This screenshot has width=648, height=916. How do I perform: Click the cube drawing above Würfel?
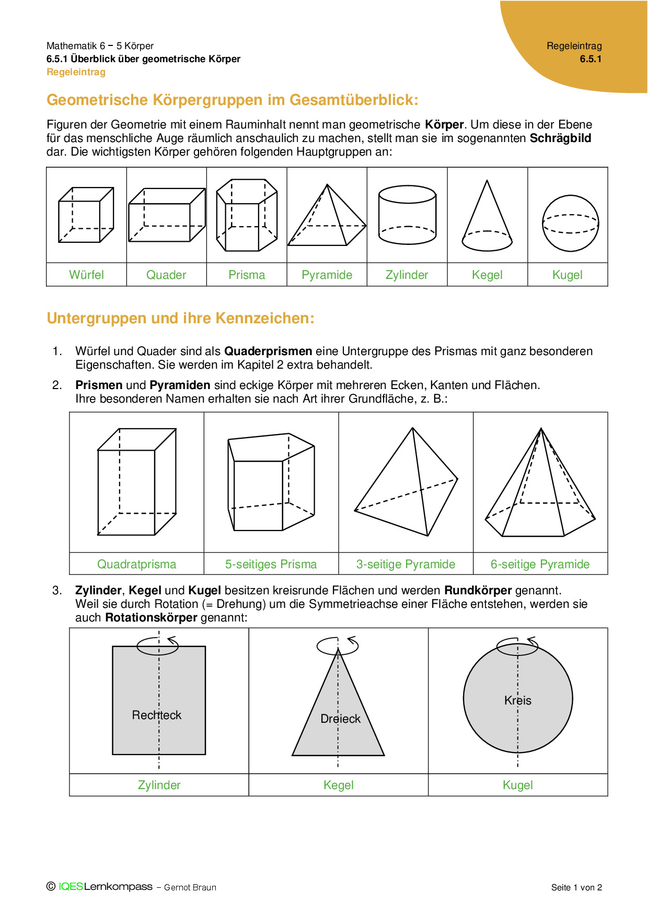(86, 215)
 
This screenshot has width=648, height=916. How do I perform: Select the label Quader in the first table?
(166, 275)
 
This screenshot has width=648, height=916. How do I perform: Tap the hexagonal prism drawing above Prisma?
(247, 215)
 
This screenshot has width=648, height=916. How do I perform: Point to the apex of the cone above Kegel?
(487, 181)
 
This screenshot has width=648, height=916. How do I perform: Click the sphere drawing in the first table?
(570, 224)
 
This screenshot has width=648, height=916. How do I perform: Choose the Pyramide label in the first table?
(327, 275)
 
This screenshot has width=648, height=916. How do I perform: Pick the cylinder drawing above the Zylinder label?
(407, 215)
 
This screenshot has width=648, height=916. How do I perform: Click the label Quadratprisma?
(136, 564)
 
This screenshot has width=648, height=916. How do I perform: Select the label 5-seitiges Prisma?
(271, 564)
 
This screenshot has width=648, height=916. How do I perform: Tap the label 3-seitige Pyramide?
(406, 564)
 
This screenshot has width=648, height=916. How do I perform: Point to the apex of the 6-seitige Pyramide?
(541, 429)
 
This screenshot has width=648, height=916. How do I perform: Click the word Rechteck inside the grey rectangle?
(156, 715)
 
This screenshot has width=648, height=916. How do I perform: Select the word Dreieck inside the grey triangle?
(340, 719)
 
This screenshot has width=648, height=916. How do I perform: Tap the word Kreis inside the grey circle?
(517, 700)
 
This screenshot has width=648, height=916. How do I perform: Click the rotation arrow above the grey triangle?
(338, 645)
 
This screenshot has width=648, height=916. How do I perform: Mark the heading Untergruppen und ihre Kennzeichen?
(180, 318)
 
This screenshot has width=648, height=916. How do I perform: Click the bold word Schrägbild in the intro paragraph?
(560, 138)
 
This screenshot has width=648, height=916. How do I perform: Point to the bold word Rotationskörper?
(151, 617)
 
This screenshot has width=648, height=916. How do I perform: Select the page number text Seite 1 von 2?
(576, 887)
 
